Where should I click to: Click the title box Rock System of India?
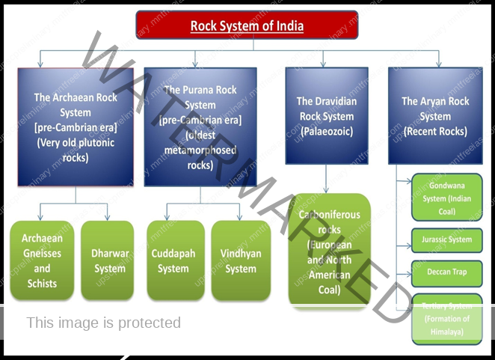[x=247, y=25]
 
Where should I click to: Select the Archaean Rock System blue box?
[x=76, y=127]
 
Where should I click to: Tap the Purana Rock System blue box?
[x=200, y=127]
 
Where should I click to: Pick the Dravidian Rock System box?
[x=327, y=116]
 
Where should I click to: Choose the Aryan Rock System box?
[x=435, y=116]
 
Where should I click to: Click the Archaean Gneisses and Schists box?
[x=42, y=260]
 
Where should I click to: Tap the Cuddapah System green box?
[x=173, y=260]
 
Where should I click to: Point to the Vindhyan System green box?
[x=241, y=260]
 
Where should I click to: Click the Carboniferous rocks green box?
[x=329, y=251]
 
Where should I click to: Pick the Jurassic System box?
[x=447, y=240]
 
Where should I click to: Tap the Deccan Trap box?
[x=447, y=272]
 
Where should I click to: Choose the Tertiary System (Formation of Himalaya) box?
[x=447, y=319]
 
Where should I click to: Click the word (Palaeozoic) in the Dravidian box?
[x=327, y=131]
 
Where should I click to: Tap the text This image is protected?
[x=104, y=323]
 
